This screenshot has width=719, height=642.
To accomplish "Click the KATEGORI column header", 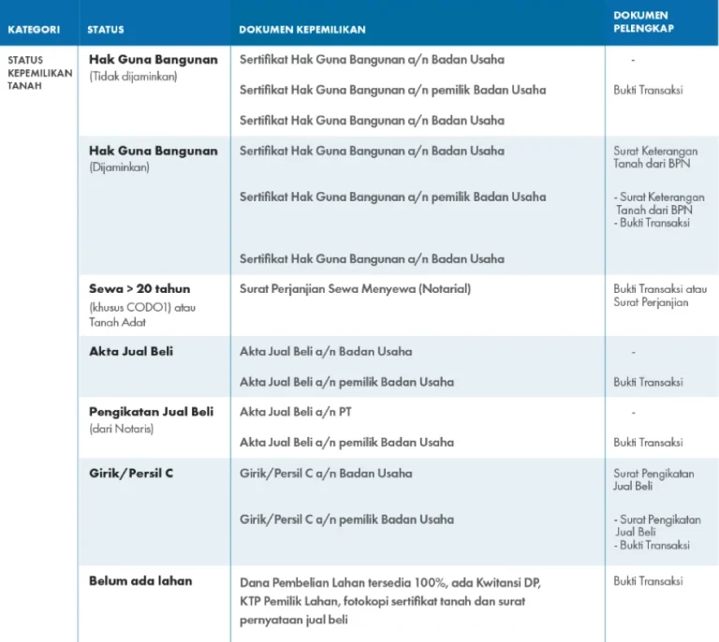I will pyautogui.click(x=34, y=29).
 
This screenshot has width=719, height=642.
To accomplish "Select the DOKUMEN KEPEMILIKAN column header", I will pyautogui.click(x=301, y=29).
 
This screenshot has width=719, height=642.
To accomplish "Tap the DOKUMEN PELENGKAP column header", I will pyautogui.click(x=643, y=22).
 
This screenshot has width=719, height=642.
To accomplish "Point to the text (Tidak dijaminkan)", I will pyautogui.click(x=133, y=77).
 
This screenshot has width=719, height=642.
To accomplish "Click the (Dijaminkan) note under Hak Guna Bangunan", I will pyautogui.click(x=119, y=168).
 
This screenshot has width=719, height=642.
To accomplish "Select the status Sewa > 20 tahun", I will pyautogui.click(x=139, y=288).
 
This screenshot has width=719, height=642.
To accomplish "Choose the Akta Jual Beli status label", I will pyautogui.click(x=131, y=351).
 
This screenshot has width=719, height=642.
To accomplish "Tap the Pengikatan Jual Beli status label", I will pyautogui.click(x=151, y=412).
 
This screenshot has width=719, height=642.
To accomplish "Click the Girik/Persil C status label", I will pyautogui.click(x=131, y=473).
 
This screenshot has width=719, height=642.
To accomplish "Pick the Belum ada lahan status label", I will pyautogui.click(x=140, y=580).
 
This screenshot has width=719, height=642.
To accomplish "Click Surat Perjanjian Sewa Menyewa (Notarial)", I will pyautogui.click(x=355, y=288).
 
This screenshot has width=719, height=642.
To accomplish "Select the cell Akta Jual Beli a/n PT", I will pyautogui.click(x=296, y=412).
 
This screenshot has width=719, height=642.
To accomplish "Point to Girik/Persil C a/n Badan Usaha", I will pyautogui.click(x=326, y=473).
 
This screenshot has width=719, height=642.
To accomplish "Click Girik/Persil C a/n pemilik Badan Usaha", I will pyautogui.click(x=346, y=518).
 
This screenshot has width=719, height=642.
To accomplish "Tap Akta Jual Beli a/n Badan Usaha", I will pyautogui.click(x=326, y=351).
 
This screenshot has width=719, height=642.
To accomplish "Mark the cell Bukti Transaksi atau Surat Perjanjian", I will pyautogui.click(x=660, y=296).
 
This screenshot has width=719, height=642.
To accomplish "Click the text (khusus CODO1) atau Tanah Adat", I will pyautogui.click(x=142, y=314).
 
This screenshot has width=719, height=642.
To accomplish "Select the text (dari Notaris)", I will pyautogui.click(x=121, y=429).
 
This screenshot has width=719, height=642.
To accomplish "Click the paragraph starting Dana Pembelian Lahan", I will pyautogui.click(x=390, y=601).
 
